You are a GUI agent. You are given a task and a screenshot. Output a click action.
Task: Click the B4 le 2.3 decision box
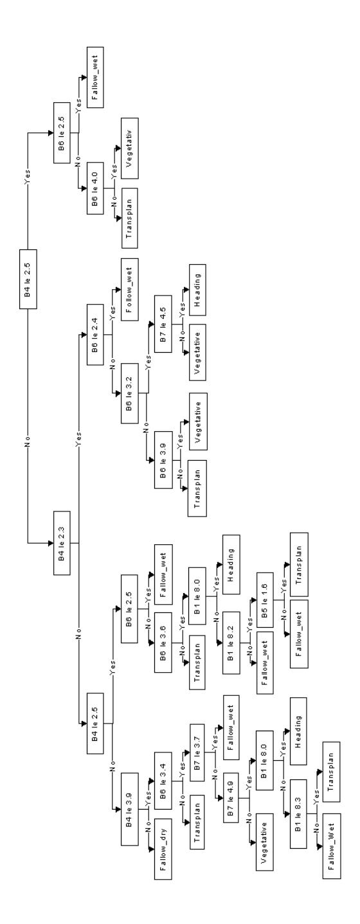62,543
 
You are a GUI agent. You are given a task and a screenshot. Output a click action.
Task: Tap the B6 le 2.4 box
95,335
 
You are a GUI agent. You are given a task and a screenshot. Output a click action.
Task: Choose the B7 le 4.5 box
163,324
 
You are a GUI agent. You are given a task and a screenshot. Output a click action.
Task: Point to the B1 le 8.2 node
231,643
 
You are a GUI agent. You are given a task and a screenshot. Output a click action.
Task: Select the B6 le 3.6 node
163,643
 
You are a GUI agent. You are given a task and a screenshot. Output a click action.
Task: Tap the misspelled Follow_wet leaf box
130,287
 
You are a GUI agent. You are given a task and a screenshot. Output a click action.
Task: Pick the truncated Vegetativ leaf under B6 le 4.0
130,148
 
